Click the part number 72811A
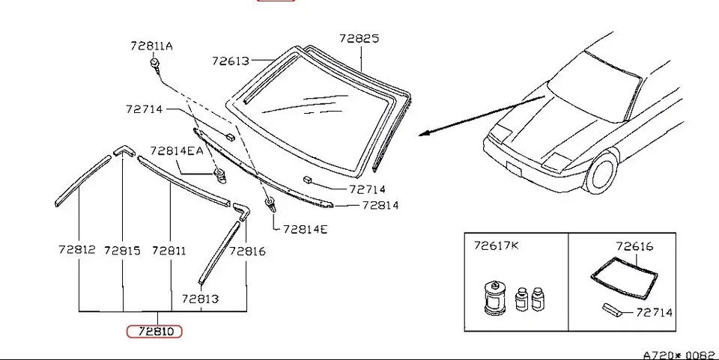152,46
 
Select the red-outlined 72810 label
154,331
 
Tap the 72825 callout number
359,38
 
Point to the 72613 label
231,61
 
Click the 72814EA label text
177,150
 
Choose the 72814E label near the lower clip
306,229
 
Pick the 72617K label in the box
497,245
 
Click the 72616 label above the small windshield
634,246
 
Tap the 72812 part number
77,250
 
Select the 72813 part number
201,299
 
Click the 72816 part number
248,251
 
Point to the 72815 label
122,251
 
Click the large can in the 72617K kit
495,298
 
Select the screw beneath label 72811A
156,64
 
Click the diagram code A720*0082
679,356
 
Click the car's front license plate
514,168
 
